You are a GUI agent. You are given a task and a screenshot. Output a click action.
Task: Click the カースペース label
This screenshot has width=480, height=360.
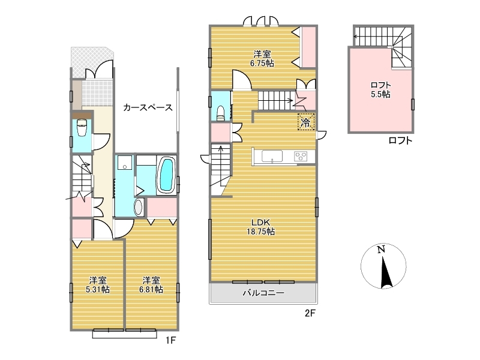tap(148, 107)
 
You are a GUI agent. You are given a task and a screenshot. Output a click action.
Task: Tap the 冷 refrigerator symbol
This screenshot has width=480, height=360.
tap(306, 122)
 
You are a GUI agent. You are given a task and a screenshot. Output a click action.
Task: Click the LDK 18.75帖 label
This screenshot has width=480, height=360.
tap(261, 227)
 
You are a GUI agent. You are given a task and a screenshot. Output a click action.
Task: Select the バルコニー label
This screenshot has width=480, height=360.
tap(263, 293)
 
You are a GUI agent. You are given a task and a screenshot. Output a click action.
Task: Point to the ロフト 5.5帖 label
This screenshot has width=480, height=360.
tap(380, 89)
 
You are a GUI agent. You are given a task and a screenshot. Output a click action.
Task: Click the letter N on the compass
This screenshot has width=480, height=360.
tap(381, 250)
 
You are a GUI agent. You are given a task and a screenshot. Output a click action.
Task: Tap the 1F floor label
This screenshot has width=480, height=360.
tap(171, 340)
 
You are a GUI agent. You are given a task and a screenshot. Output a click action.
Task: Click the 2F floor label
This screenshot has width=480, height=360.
tap(310, 313)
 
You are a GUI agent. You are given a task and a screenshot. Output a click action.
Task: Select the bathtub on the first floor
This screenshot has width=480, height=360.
tap(167, 175)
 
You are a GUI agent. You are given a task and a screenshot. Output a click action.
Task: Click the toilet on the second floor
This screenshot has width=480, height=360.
tap(220, 113)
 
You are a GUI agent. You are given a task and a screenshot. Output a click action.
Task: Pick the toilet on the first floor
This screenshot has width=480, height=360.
tap(82, 127)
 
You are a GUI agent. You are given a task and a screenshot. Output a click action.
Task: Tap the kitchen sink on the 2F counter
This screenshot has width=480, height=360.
tap(272, 156)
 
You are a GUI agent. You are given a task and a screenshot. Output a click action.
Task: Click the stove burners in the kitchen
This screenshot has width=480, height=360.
tap(301, 156)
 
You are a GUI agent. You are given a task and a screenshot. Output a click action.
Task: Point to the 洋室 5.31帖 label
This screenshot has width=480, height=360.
tap(98, 284)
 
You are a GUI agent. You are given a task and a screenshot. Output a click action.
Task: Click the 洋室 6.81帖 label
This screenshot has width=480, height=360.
tap(151, 284)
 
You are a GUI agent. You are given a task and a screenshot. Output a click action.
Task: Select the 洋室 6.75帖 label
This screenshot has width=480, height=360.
tap(262, 59)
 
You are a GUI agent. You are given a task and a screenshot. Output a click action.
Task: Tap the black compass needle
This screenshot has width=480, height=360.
tap(385, 272)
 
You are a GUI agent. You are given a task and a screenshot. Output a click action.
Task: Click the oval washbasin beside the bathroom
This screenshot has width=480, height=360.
tap(139, 207)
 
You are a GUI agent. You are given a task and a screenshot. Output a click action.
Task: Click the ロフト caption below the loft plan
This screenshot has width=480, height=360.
tap(400, 140)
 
